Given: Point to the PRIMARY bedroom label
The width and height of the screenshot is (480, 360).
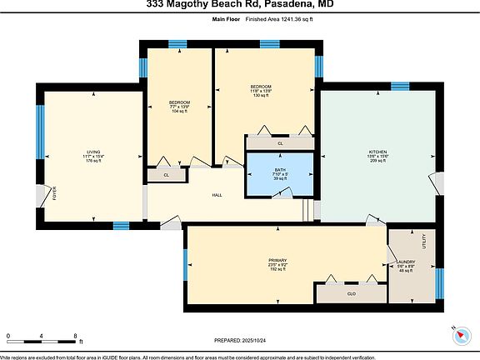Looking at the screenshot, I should (x=277, y=260).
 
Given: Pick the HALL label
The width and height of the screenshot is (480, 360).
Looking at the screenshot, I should (x=217, y=195).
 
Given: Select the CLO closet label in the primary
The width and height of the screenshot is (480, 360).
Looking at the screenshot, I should (x=351, y=293).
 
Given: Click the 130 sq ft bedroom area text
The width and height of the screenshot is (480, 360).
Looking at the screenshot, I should (x=261, y=96).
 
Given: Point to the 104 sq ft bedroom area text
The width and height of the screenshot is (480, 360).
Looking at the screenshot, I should (x=180, y=111).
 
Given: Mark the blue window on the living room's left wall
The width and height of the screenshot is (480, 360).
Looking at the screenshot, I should (x=39, y=129).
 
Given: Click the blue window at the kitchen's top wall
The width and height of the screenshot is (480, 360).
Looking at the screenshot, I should (x=400, y=86).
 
